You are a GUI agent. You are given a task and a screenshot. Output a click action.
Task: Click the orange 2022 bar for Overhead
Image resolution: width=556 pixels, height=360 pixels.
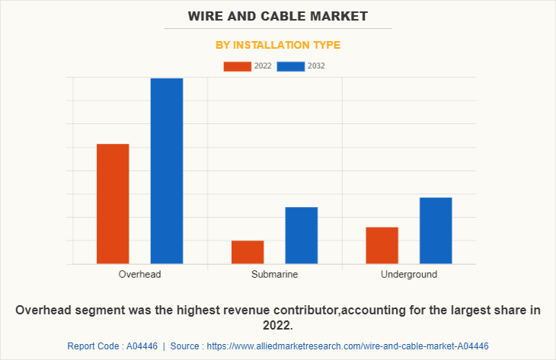pos(113,204)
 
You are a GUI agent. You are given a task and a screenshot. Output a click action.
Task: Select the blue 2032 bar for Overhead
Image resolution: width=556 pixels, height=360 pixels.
pos(166,171)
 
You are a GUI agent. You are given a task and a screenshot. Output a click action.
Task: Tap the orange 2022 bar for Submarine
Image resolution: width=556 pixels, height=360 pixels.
pos(248,252)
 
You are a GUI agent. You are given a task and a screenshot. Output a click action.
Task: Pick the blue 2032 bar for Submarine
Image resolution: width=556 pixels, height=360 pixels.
pos(301,235)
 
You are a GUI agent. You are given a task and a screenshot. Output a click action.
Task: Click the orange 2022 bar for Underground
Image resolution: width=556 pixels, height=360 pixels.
pos(382,245)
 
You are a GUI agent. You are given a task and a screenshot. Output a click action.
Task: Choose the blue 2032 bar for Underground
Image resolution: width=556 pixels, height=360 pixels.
pos(435,231)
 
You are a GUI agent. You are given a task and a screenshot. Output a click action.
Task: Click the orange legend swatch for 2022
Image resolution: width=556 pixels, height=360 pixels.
pos(237,66)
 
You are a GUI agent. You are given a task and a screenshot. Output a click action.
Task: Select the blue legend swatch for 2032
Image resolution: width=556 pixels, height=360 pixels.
pos(290,66)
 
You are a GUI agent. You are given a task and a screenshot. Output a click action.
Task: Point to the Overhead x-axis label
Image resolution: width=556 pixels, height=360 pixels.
pos(139,274)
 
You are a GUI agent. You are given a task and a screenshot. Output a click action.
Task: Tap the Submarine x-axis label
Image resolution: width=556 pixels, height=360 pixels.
pos(274,274)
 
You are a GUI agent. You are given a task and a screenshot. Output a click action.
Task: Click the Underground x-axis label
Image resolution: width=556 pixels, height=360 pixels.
pos(409,274)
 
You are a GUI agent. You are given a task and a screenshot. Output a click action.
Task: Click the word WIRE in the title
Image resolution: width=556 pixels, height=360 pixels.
pos(208,16)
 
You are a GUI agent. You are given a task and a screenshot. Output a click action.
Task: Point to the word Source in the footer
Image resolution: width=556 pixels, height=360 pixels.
pos(186,346)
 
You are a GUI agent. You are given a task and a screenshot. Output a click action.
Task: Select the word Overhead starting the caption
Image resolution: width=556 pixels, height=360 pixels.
pos(43,311)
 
